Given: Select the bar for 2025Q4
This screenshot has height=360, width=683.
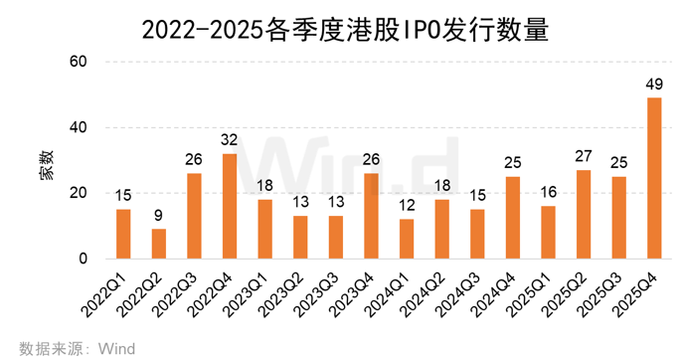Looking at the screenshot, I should (x=654, y=179).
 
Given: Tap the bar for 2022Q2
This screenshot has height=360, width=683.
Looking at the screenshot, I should (x=159, y=245).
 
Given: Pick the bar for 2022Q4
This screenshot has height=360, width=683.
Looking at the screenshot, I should (x=230, y=207).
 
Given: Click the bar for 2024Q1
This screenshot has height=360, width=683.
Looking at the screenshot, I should (x=407, y=240).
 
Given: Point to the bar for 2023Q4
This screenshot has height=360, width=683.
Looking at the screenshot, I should (x=372, y=217).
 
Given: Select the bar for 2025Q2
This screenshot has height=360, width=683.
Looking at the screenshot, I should (x=584, y=215).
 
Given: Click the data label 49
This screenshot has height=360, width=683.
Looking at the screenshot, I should (x=654, y=84).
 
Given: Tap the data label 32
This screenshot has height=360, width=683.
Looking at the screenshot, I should (x=230, y=140).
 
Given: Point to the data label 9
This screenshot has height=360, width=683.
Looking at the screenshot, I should (x=159, y=216).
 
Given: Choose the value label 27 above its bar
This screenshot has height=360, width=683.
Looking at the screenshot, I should (x=584, y=156).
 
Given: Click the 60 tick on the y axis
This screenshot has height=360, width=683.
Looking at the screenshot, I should (x=80, y=63).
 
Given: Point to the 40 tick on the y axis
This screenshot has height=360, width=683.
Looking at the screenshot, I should (x=80, y=128).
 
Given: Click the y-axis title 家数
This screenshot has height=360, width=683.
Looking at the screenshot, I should (x=48, y=161).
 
